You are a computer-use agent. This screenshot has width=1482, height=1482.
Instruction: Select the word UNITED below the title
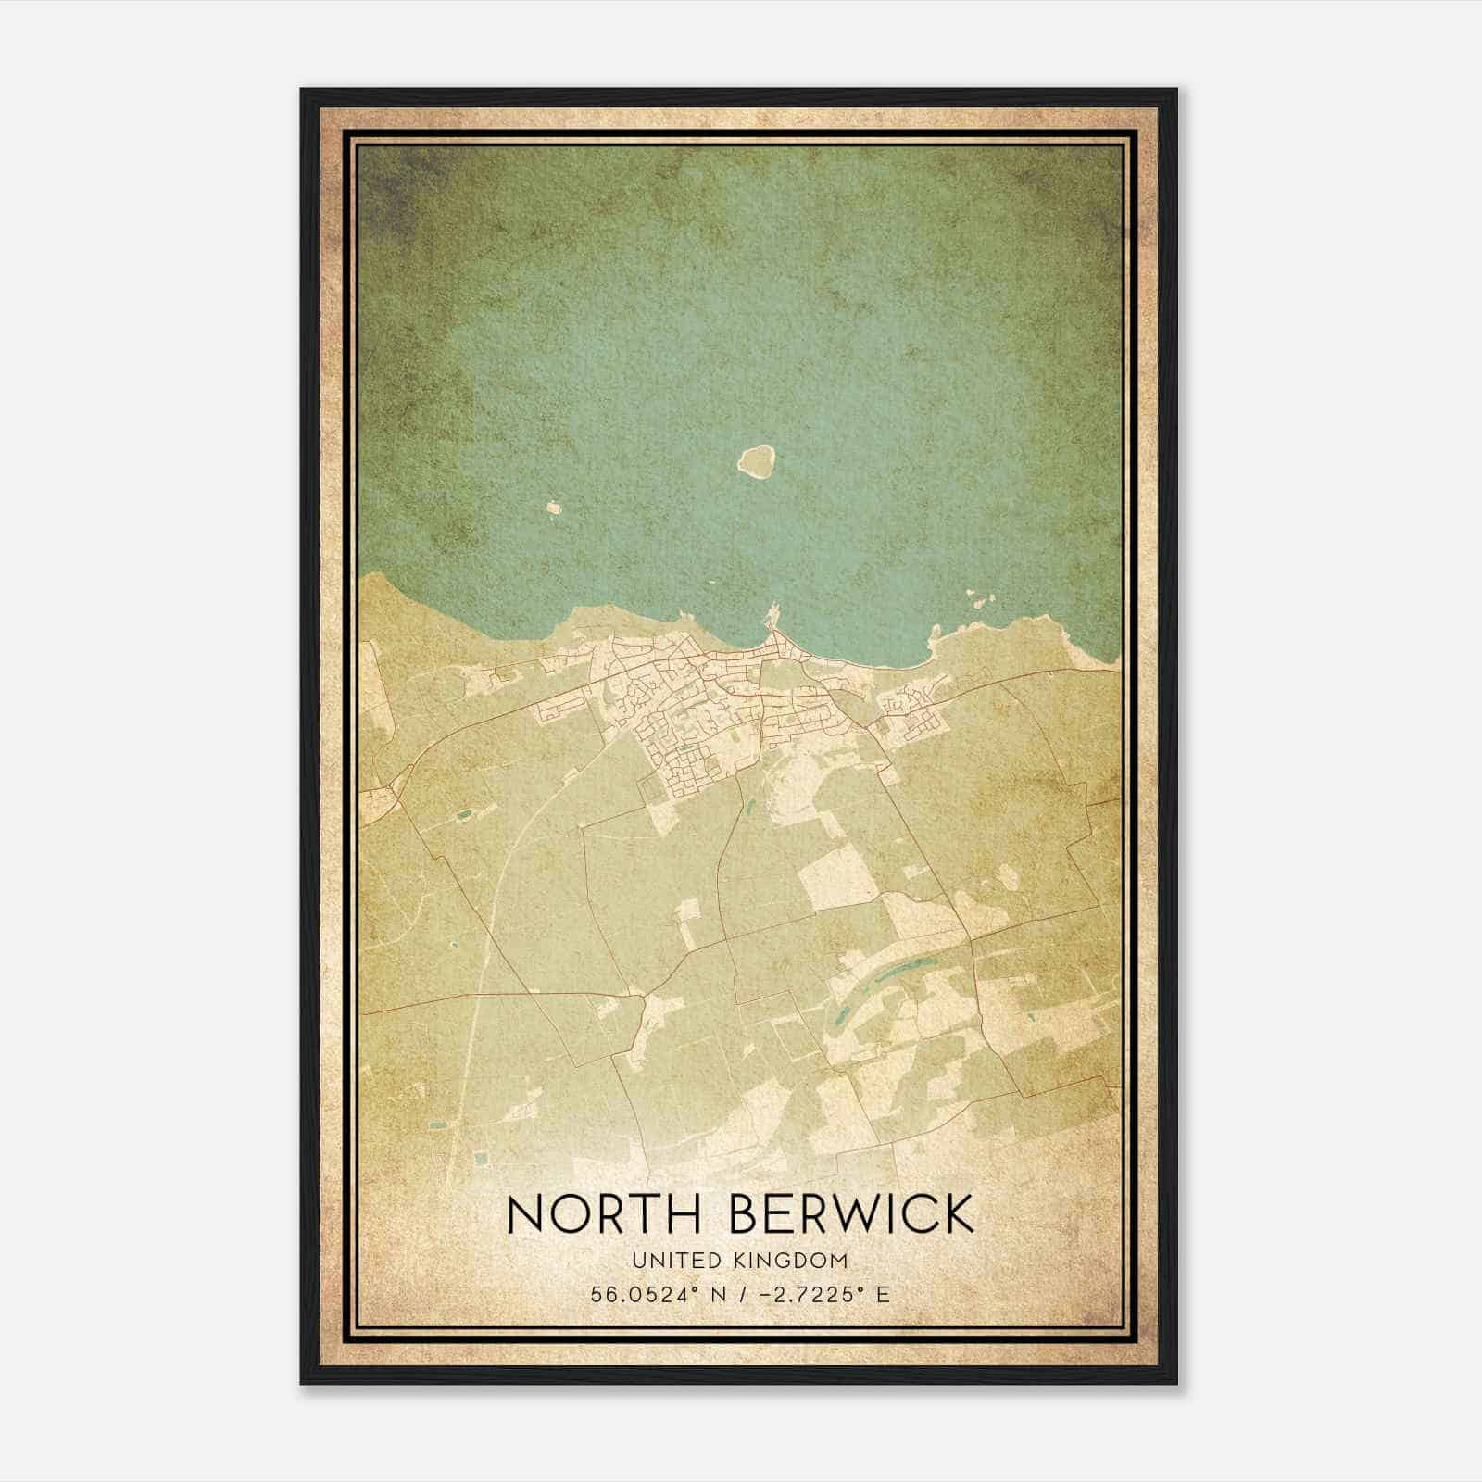[663, 1260]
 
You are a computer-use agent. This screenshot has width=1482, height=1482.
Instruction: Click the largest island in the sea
[757, 459]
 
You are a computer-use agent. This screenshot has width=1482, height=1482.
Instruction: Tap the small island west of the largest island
[554, 508]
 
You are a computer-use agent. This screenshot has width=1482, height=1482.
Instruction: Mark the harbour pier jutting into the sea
[772, 615]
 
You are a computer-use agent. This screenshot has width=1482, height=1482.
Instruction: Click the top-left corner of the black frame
[303, 91]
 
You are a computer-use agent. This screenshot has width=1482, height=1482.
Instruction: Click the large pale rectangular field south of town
[838, 875]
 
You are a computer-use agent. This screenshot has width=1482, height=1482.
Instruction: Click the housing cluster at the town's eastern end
[912, 709]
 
